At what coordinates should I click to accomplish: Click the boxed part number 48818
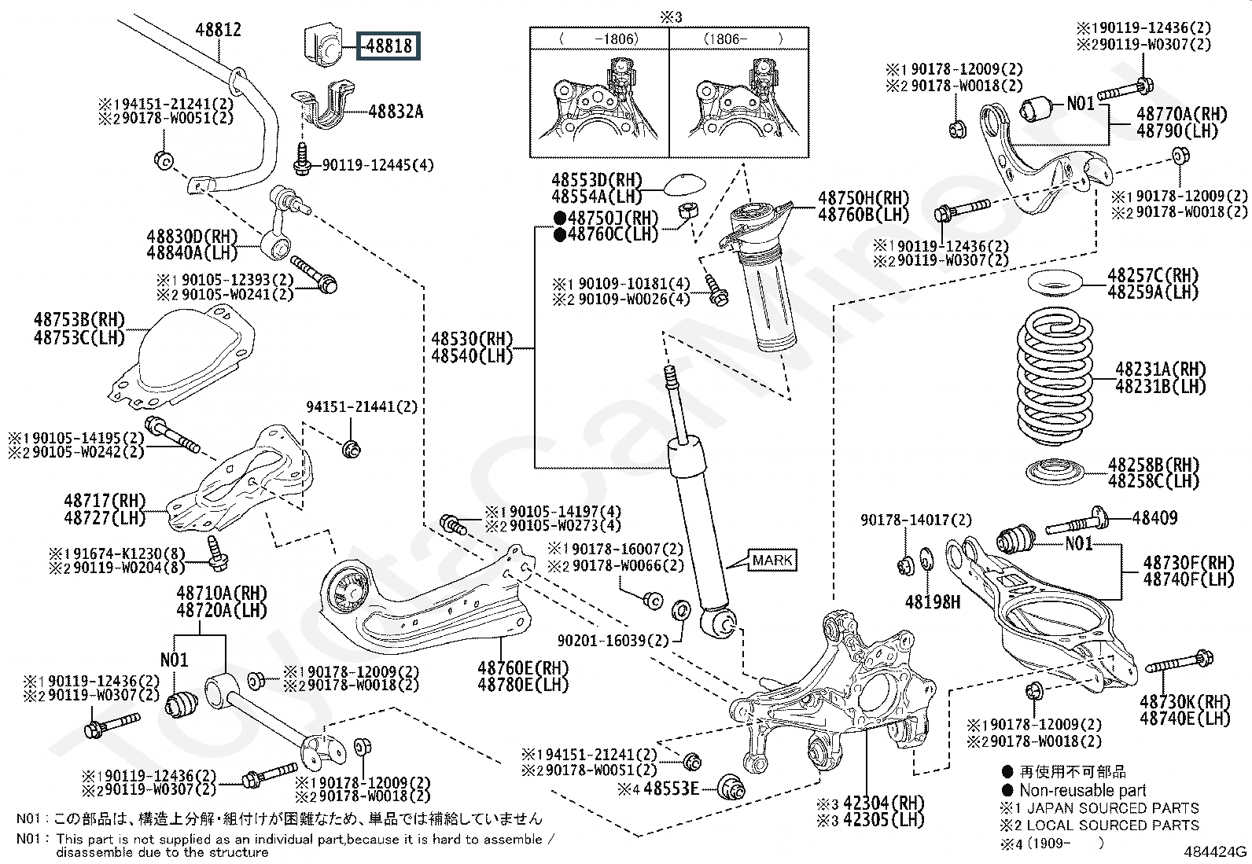pyautogui.click(x=388, y=46)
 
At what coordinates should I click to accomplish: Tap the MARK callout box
pyautogui.click(x=772, y=560)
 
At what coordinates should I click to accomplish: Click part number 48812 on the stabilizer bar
pyautogui.click(x=218, y=30)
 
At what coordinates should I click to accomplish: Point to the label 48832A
pyautogui.click(x=396, y=112)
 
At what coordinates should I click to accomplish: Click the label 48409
pyautogui.click(x=1154, y=518)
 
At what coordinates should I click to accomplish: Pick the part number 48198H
pyautogui.click(x=932, y=602)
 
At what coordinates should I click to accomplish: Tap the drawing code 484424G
pyautogui.click(x=1215, y=851)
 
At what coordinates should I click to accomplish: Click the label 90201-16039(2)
pyautogui.click(x=613, y=641)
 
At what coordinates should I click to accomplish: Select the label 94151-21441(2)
pyautogui.click(x=362, y=407)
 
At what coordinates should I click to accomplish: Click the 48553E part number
pyautogui.click(x=671, y=789)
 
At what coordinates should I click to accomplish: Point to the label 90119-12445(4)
pyautogui.click(x=377, y=165)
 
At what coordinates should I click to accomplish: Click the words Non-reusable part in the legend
pyautogui.click(x=1083, y=790)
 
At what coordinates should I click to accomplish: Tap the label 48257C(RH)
pyautogui.click(x=1153, y=275)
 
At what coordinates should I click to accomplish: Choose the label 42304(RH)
pyautogui.click(x=884, y=803)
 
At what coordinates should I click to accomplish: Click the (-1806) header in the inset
pyautogui.click(x=599, y=39)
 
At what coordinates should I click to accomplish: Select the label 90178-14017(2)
pyautogui.click(x=916, y=520)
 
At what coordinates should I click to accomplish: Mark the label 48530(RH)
pyautogui.click(x=473, y=339)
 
